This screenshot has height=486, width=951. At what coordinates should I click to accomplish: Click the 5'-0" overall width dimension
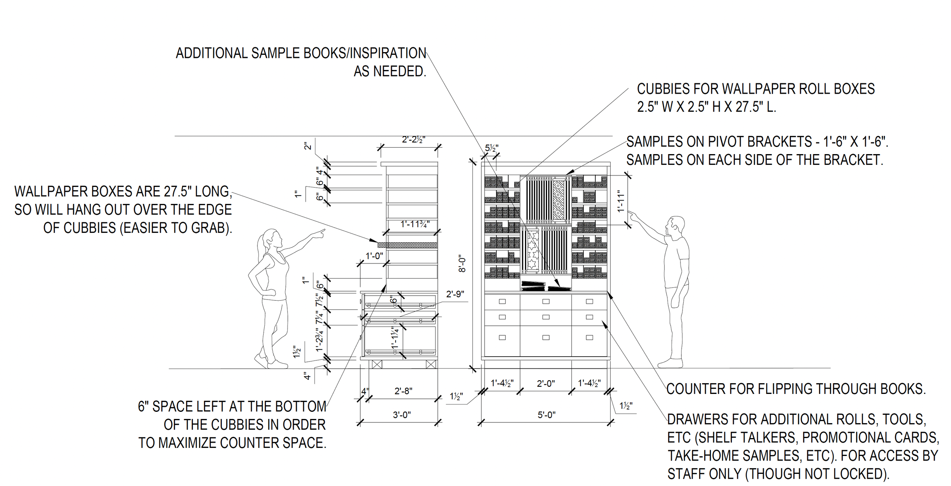coord(546,415)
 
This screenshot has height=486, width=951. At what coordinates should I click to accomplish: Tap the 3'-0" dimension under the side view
coord(402,415)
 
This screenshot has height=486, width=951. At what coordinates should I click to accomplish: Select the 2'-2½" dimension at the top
coord(413,140)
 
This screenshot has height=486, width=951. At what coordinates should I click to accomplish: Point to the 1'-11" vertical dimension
coord(621,201)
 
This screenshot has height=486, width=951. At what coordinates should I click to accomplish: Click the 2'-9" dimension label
coord(455,294)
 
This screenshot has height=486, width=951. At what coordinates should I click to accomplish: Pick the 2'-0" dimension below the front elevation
coord(545,384)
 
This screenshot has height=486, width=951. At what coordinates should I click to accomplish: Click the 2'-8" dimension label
coord(403,391)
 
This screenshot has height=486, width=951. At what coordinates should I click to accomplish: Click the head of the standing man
coord(675,226)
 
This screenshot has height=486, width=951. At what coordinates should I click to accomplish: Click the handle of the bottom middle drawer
coord(546,337)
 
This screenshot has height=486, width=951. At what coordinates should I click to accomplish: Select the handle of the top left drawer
coord(502,301)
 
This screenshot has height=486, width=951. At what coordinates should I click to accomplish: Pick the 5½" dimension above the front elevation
coord(491,148)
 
